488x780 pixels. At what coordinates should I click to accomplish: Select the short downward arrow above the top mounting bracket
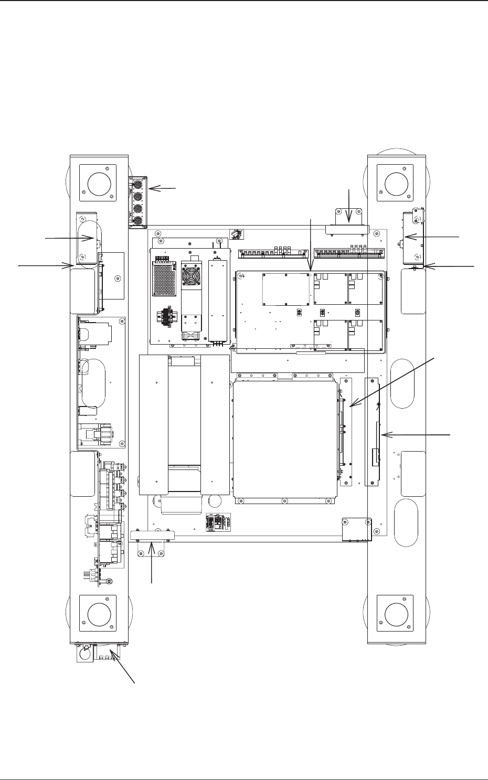[x=349, y=206]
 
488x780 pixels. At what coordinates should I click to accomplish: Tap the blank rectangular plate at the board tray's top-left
[x=285, y=289]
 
